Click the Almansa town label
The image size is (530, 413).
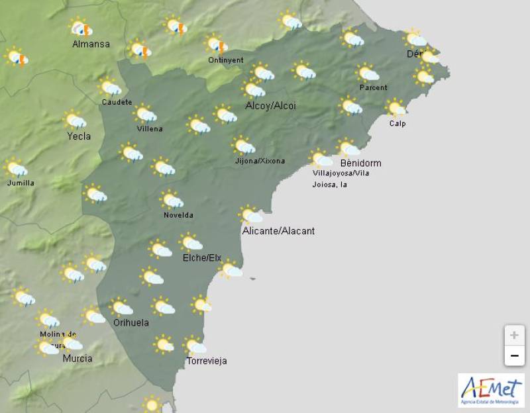91,44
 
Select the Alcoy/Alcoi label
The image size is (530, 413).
270,106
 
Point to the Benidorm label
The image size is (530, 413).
360,163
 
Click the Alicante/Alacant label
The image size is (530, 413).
278,231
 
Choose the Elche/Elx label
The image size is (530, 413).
202,257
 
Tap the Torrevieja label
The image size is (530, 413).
207,361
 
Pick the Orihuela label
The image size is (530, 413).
130,323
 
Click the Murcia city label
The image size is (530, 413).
77,359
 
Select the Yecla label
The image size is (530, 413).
79,136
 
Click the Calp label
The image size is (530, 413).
397,124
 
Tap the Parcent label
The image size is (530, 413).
373,88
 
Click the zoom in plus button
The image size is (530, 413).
514,336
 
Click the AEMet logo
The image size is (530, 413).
491,390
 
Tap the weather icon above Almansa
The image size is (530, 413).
81,28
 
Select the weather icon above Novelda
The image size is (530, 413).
172,200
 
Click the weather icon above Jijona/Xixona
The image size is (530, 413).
243,146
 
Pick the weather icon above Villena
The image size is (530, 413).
145,114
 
